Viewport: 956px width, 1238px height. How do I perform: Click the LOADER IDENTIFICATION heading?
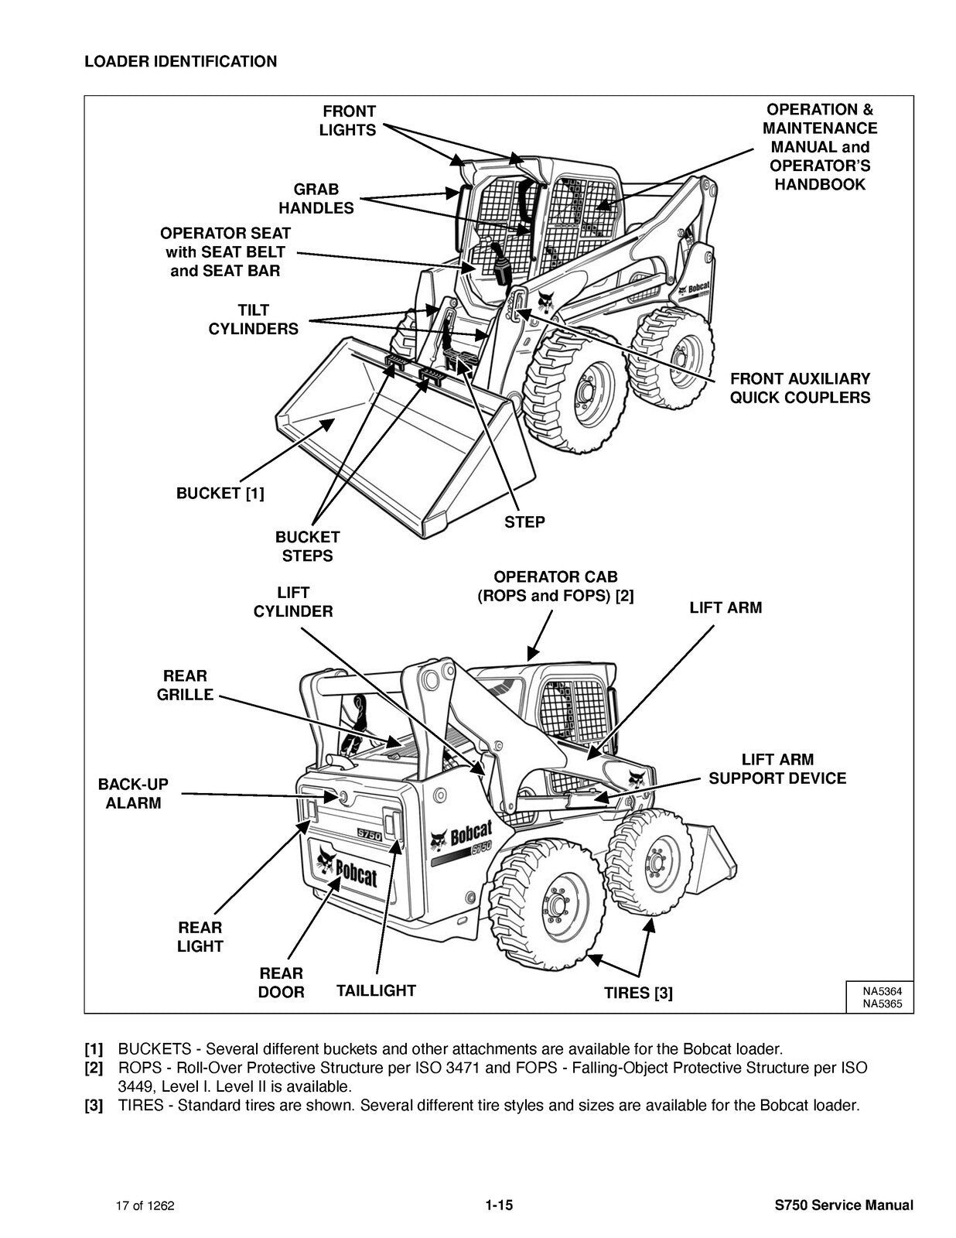pyautogui.click(x=180, y=62)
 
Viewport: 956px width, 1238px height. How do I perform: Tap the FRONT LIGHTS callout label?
pyautogui.click(x=348, y=121)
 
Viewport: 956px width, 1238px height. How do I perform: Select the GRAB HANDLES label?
pyautogui.click(x=316, y=199)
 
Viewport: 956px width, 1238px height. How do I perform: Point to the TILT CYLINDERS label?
pyautogui.click(x=253, y=320)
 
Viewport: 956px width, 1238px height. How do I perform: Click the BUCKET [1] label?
pyautogui.click(x=220, y=494)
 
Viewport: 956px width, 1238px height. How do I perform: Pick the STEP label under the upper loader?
pyautogui.click(x=524, y=522)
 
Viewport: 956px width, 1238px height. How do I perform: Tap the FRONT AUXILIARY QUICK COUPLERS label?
pyautogui.click(x=800, y=388)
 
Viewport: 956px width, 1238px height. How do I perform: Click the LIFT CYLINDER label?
pyautogui.click(x=293, y=602)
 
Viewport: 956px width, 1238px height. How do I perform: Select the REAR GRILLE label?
pyautogui.click(x=185, y=686)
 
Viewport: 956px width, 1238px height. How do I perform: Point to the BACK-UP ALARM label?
pyautogui.click(x=133, y=794)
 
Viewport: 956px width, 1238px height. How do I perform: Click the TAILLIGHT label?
pyautogui.click(x=376, y=990)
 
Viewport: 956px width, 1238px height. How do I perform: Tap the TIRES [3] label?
pyautogui.click(x=638, y=993)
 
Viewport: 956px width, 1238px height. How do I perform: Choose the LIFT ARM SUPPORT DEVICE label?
pyautogui.click(x=777, y=769)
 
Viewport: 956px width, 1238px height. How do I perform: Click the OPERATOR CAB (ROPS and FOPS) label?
pyautogui.click(x=555, y=587)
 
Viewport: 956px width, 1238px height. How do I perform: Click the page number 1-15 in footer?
pyautogui.click(x=500, y=1205)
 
